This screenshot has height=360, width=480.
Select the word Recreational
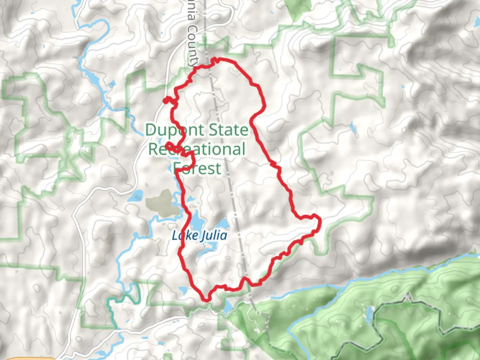coord(197,149)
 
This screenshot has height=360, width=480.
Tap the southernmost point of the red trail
coord(207,300)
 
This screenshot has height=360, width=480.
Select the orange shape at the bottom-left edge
coord(30,358)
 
